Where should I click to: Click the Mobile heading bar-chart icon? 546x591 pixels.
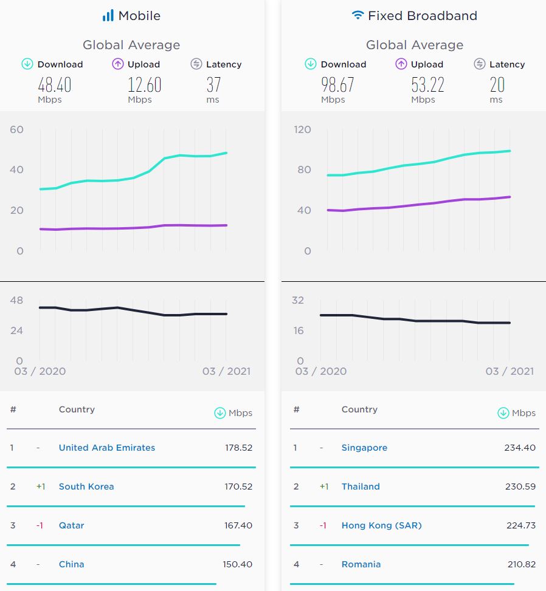click(x=108, y=16)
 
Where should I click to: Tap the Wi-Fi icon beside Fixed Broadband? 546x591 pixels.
click(x=358, y=15)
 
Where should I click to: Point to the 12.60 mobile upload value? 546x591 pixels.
click(x=144, y=84)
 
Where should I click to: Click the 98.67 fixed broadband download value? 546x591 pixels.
click(x=337, y=84)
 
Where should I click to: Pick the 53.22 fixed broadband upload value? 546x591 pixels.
click(x=427, y=84)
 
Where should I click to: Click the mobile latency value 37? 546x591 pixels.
click(x=215, y=84)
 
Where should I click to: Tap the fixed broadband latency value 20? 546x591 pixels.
click(x=497, y=84)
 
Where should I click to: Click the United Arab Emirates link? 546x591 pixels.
click(x=107, y=448)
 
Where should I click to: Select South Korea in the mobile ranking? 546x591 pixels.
click(x=86, y=487)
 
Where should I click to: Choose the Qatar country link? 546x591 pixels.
click(x=72, y=525)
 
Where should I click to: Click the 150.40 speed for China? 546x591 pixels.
click(x=237, y=564)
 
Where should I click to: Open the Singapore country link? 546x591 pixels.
click(x=364, y=448)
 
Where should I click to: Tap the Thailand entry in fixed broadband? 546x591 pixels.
click(x=361, y=487)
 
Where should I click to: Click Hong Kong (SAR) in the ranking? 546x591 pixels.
click(x=381, y=525)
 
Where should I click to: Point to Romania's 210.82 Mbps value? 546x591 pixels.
click(x=521, y=564)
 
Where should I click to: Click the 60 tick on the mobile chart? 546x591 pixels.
click(x=16, y=129)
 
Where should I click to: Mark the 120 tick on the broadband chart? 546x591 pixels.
click(x=302, y=129)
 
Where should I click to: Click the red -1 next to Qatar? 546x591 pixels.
click(x=40, y=525)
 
